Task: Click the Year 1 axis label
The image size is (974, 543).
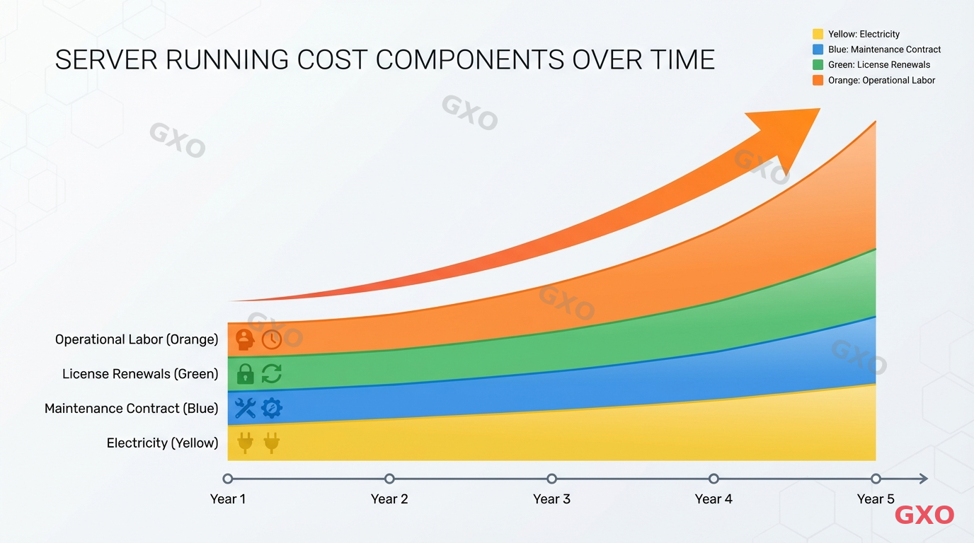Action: [x=227, y=499]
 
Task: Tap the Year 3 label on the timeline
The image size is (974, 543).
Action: [x=551, y=499]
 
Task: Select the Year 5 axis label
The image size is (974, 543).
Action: [x=876, y=499]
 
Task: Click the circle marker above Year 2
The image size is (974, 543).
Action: [x=389, y=479]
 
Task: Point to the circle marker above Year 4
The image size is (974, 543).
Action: [x=714, y=479]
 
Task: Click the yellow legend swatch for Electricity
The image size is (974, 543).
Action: [x=818, y=34]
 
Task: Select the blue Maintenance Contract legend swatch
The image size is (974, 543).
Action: [x=818, y=49]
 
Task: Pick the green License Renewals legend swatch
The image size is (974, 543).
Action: [x=818, y=65]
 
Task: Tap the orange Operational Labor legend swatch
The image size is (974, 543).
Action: [x=818, y=81]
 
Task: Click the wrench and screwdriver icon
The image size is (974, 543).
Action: [x=245, y=408]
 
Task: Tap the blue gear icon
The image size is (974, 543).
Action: [x=272, y=408]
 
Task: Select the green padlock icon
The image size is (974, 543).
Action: [x=245, y=373]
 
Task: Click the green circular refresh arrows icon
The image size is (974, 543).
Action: [x=272, y=373]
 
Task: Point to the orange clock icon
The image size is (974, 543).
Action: [x=272, y=339]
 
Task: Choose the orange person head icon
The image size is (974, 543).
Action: [x=245, y=339]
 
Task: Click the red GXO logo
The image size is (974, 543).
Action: [x=924, y=515]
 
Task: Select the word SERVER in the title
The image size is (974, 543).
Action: [x=105, y=60]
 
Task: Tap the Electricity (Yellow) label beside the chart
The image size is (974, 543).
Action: [x=162, y=443]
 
